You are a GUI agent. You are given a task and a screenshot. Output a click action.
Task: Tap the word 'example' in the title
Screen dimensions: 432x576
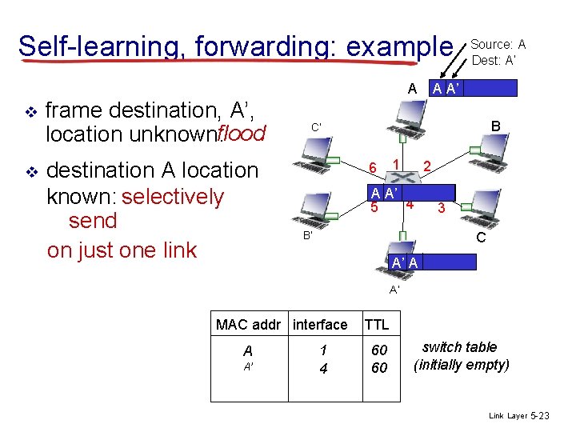pyautogui.click(x=394, y=45)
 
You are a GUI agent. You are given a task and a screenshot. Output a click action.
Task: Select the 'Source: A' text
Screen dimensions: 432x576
pyautogui.click(x=498, y=43)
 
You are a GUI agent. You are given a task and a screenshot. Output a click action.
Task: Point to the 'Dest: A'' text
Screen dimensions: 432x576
pyautogui.click(x=494, y=58)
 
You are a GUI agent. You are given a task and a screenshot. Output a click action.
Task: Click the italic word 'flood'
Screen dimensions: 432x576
pyautogui.click(x=241, y=133)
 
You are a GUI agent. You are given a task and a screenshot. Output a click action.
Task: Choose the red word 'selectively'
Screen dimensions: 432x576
pyautogui.click(x=173, y=196)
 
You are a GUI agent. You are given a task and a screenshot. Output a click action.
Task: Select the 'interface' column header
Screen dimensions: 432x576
pyautogui.click(x=320, y=324)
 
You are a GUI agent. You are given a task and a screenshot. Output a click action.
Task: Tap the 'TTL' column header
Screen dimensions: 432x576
pyautogui.click(x=376, y=324)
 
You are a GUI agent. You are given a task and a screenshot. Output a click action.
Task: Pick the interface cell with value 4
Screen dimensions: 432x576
pyautogui.click(x=323, y=368)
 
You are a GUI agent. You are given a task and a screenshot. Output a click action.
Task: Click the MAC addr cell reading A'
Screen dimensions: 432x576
pyautogui.click(x=248, y=368)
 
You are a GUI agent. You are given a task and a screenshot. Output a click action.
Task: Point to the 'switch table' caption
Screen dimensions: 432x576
pyautogui.click(x=459, y=347)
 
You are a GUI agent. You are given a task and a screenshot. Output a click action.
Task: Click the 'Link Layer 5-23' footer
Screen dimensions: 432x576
pyautogui.click(x=518, y=416)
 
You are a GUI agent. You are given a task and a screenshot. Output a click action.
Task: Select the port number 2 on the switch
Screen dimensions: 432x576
pyautogui.click(x=428, y=166)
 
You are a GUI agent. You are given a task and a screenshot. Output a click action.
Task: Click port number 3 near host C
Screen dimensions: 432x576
pyautogui.click(x=440, y=208)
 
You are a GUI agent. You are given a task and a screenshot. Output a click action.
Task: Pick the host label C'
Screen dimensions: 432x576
pyautogui.click(x=316, y=127)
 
